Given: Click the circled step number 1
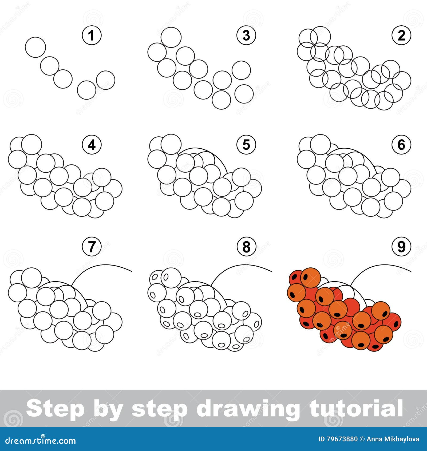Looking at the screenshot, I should (92, 35).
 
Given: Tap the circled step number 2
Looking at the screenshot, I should (401, 35).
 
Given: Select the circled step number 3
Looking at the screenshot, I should (246, 35).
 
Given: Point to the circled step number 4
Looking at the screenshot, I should (92, 145).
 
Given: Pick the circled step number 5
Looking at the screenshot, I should (246, 145).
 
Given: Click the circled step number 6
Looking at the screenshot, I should (401, 145).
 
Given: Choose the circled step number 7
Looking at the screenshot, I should (92, 247).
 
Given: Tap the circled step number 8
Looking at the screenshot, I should (246, 247).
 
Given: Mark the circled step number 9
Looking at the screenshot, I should (401, 247).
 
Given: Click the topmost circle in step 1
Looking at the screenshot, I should (35, 47).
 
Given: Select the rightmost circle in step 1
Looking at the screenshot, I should (106, 80).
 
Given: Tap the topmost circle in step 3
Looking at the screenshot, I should (171, 37).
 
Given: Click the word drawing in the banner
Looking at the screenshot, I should (248, 409).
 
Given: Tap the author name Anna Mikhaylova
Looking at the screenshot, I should (393, 439).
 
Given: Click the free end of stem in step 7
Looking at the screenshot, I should (132, 271).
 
